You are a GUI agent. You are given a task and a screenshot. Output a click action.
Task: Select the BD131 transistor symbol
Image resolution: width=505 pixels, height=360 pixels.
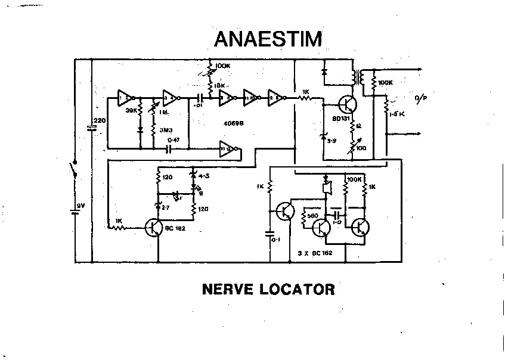[346, 104]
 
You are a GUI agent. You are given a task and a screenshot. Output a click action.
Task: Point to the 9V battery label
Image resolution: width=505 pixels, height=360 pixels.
[82, 206]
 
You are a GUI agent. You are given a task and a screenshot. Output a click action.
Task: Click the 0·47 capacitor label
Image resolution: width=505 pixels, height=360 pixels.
[173, 140]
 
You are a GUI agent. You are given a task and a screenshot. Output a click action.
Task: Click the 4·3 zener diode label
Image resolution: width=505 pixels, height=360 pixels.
[203, 176]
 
